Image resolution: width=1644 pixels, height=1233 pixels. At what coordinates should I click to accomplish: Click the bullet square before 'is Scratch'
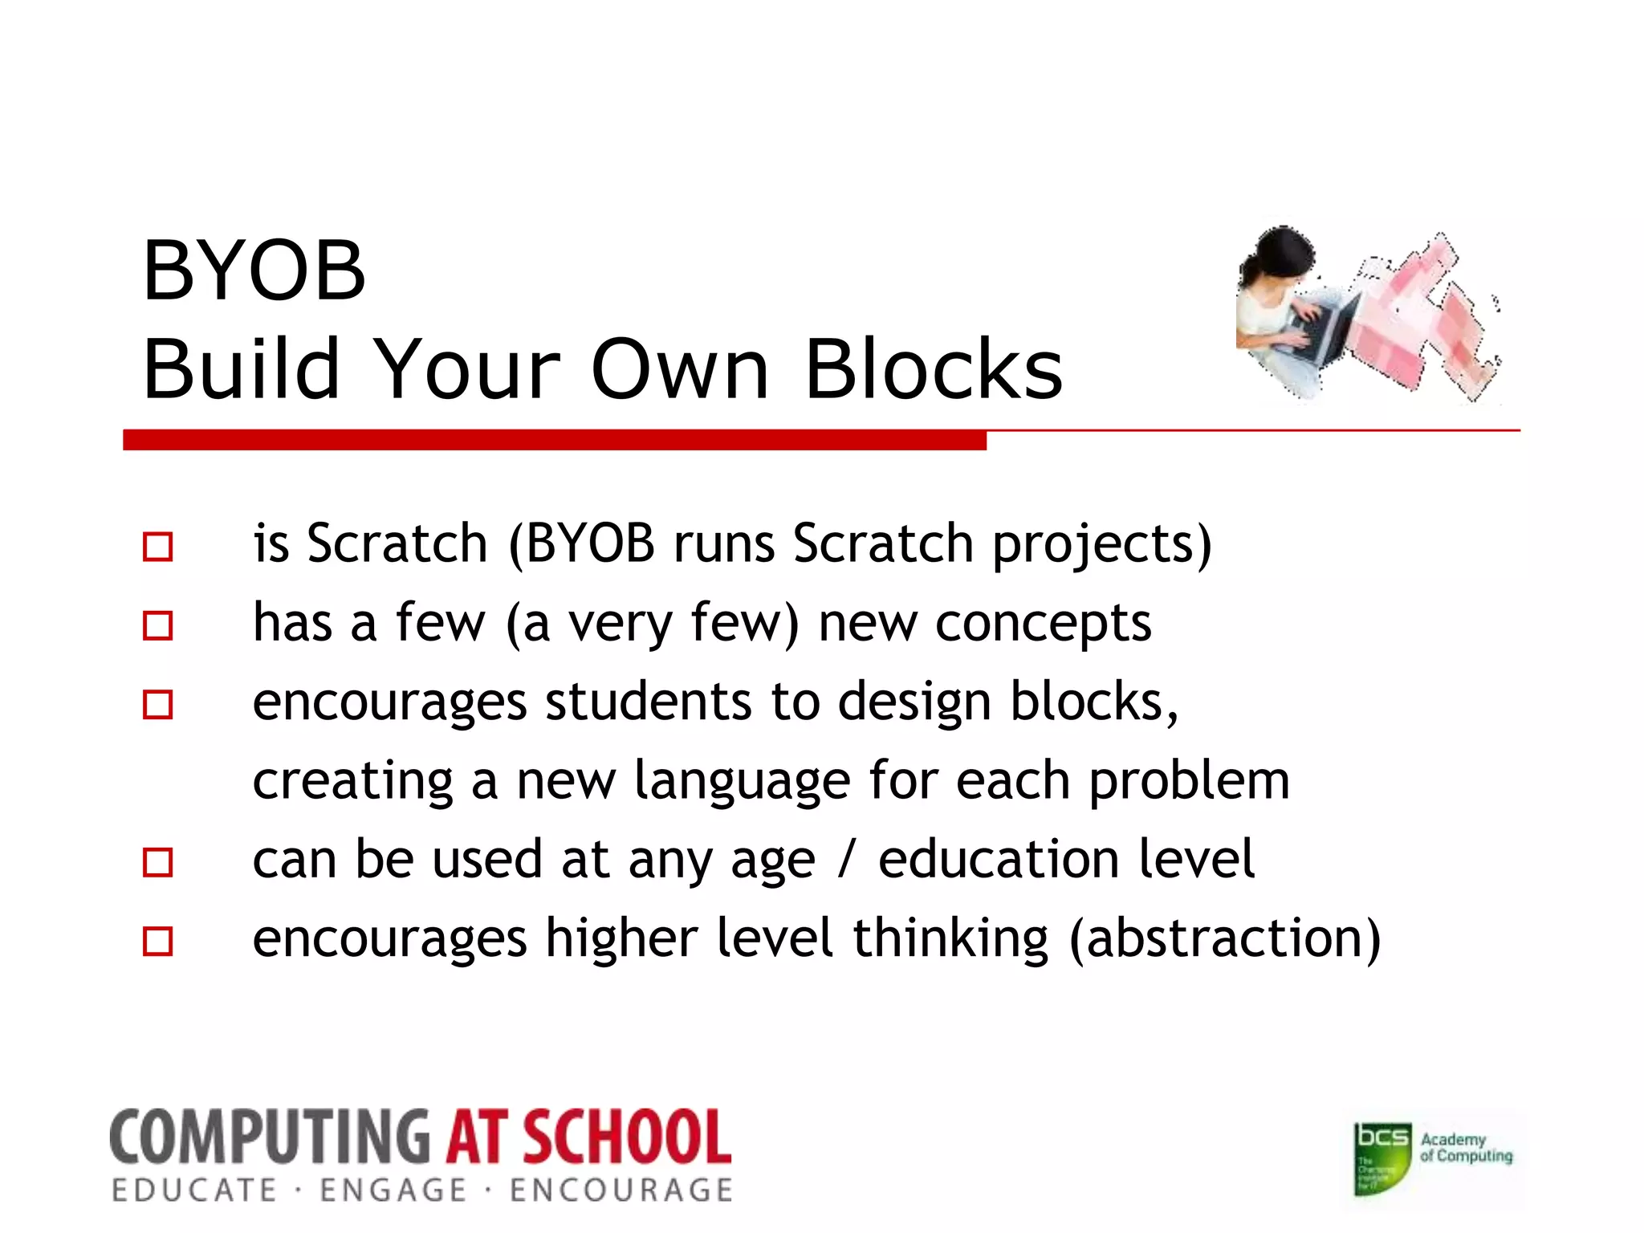pos(157,547)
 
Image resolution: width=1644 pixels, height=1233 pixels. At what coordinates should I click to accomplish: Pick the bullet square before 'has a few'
pos(157,625)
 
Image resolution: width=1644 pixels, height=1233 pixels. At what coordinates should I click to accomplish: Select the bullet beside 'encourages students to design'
pos(157,704)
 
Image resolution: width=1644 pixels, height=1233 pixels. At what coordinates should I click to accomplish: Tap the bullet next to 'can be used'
pos(157,862)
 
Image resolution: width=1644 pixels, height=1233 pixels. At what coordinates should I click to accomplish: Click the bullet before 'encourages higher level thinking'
pos(157,941)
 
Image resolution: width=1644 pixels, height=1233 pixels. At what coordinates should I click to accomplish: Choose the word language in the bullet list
pos(742,782)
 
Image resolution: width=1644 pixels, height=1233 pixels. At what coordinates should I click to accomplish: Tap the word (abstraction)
pos(1225,939)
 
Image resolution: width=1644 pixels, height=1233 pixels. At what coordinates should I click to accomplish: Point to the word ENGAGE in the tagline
pos(393,1190)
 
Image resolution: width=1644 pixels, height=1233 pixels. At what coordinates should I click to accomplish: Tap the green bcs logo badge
pos(1382,1158)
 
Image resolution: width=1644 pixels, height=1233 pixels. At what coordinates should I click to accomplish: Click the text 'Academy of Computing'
pos(1466,1148)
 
